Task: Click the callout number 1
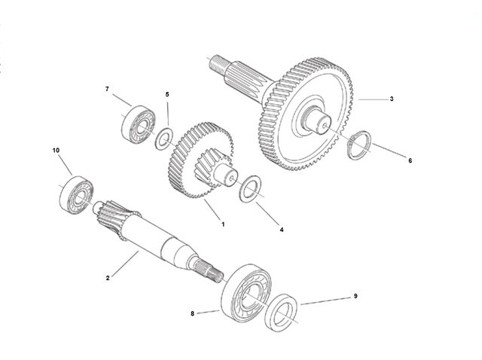coord(223,224)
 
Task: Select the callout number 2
coord(108,278)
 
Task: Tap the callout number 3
coord(392,99)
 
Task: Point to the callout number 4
coord(282,230)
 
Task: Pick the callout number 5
coord(167,94)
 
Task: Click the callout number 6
coord(410,160)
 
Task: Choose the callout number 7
coord(107,89)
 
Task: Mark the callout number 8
coord(193,313)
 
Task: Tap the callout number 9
coord(355,296)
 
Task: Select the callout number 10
coord(56,151)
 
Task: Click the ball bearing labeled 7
coord(138,124)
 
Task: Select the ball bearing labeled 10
coord(76,194)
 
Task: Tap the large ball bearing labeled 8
coord(246,293)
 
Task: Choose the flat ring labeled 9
coord(281,313)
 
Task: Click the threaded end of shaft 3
coord(219,64)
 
